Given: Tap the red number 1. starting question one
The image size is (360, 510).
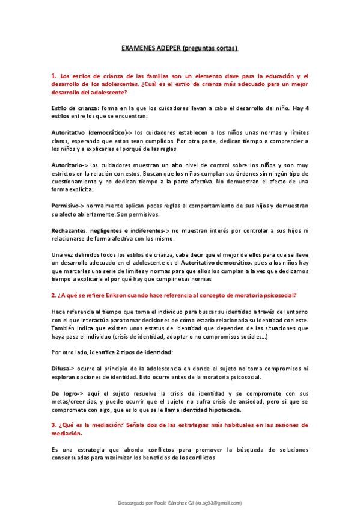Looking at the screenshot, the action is coord(54,76).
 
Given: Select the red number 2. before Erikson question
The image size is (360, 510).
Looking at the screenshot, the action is coord(54,295).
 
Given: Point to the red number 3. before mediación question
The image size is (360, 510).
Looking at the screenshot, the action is coord(54,425).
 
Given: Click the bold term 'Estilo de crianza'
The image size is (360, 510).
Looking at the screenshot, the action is coord(71,108).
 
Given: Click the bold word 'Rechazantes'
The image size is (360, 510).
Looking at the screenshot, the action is coord(69,230).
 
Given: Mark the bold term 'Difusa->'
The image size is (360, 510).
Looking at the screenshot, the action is coord(63,367).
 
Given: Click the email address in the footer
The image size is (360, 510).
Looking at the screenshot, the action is coord(218,503).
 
